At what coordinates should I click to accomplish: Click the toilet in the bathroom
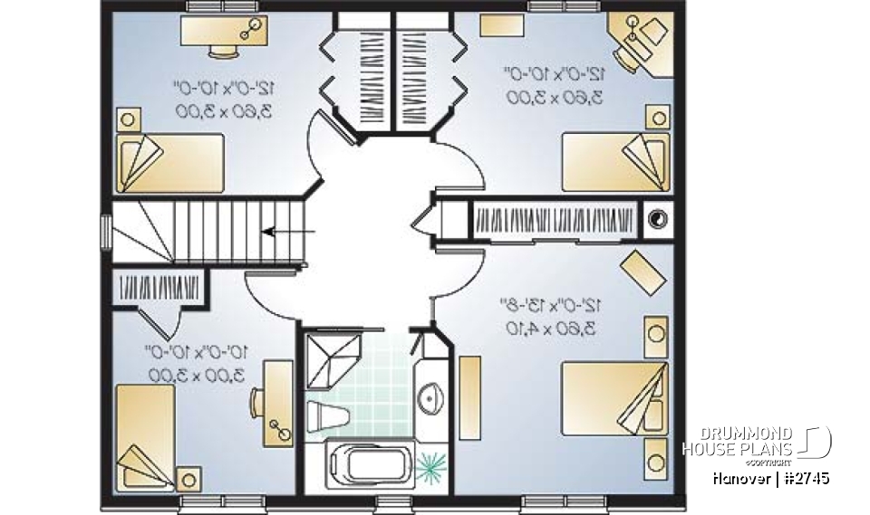point(329,417)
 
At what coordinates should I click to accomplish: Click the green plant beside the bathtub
point(432,464)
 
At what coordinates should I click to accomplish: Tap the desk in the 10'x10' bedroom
point(277,403)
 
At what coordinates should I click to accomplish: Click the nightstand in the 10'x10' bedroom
point(189,478)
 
